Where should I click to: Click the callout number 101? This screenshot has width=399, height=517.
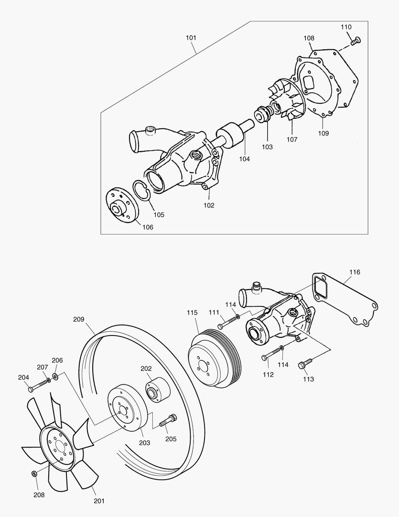[191, 37]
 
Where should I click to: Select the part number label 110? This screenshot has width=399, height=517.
[346, 27]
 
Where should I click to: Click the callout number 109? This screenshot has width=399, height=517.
[324, 134]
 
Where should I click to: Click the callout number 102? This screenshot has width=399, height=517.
[209, 205]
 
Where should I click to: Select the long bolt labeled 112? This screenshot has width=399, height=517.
[270, 355]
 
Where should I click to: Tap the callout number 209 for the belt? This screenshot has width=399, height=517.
[79, 319]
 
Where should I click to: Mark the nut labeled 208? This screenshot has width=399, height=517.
[34, 473]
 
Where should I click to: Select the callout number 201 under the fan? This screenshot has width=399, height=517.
[99, 501]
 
